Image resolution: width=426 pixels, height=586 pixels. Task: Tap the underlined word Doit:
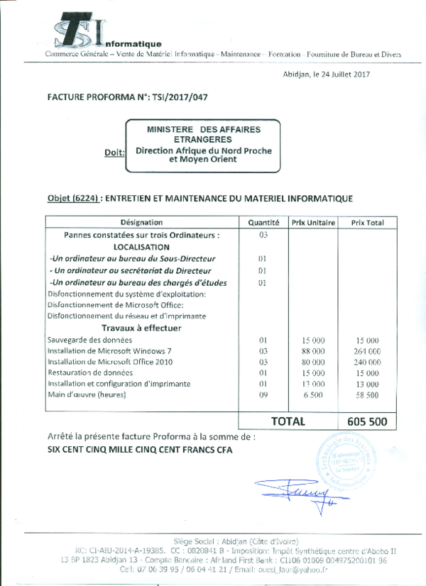pos(114,153)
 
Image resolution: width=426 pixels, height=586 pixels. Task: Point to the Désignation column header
pos(142,223)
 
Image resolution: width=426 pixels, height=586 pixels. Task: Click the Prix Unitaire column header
pos(313,223)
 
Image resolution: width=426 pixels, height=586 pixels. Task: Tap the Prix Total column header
pos(367,223)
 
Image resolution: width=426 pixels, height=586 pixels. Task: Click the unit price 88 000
pos(313,351)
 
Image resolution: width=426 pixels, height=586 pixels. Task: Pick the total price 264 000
pos(367,351)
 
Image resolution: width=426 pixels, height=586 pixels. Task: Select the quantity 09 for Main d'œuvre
pos(263,394)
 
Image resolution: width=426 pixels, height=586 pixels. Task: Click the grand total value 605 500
pos(367,421)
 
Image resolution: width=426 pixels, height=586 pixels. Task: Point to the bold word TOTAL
pos(288,421)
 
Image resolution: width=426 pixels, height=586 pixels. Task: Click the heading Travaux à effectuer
pos(141,328)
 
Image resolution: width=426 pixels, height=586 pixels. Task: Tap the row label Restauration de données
pos(89,372)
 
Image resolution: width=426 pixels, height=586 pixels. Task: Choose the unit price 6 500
pos(313,394)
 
